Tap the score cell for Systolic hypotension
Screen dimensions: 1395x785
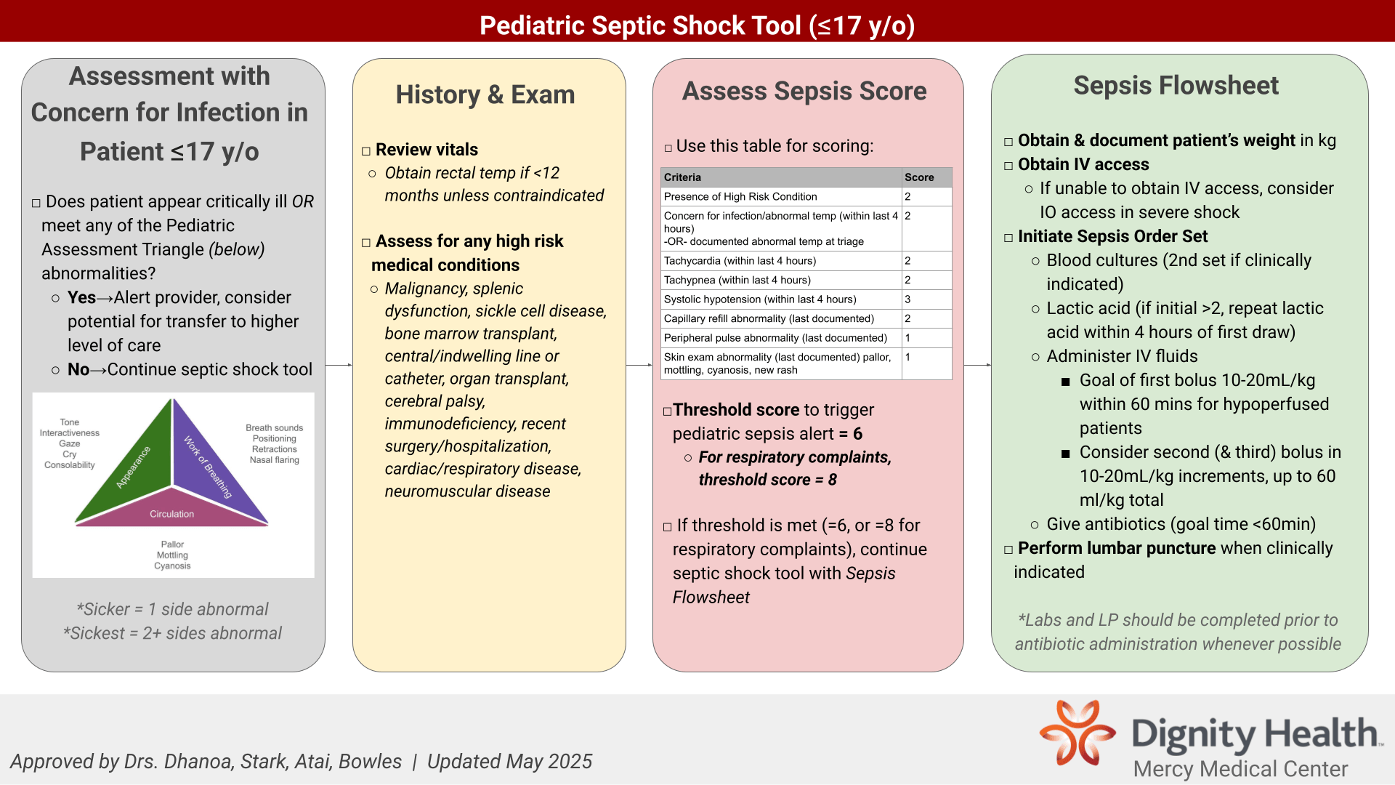[x=926, y=299]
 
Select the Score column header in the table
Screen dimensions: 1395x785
[x=926, y=177]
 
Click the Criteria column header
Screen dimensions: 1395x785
[x=781, y=177]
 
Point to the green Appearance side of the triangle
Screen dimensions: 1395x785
[x=131, y=465]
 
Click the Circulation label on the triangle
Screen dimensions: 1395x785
[x=172, y=514]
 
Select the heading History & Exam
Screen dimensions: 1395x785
[x=485, y=94]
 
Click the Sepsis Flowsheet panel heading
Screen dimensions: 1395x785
[x=1176, y=85]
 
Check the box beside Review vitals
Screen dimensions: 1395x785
[x=366, y=151]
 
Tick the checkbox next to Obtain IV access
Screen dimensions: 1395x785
[x=1008, y=166]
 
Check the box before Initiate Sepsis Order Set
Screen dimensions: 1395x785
[x=1008, y=238]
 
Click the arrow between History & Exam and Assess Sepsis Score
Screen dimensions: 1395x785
[x=639, y=365]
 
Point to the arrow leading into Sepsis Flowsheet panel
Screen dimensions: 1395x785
[x=978, y=365]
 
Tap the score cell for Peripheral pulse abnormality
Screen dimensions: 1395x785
[x=926, y=338]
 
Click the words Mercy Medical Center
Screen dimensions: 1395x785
[x=1240, y=768]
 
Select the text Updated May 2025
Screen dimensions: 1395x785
[x=509, y=761]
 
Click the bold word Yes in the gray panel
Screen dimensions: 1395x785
[x=81, y=297]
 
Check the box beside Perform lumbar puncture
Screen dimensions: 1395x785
[x=1008, y=549]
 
